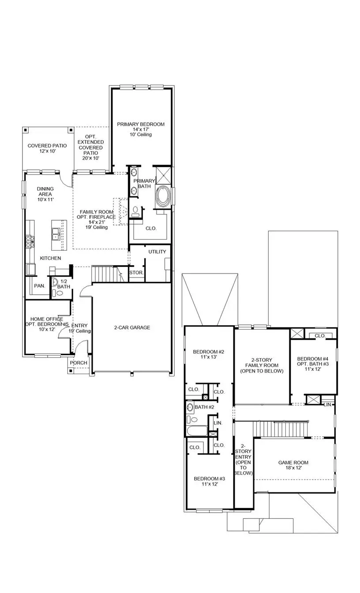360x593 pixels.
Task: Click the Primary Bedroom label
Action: pyautogui.click(x=141, y=124)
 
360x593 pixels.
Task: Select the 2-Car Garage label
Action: pyautogui.click(x=132, y=327)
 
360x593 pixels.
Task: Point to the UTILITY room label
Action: pyautogui.click(x=157, y=251)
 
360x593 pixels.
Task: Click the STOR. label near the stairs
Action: pyautogui.click(x=136, y=273)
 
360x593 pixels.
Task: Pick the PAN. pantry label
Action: pyautogui.click(x=40, y=286)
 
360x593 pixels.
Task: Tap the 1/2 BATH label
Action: pyautogui.click(x=64, y=284)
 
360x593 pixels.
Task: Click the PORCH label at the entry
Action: pyautogui.click(x=79, y=363)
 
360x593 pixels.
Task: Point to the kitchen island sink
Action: pyautogui.click(x=56, y=233)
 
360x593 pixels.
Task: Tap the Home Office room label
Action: pyautogui.click(x=46, y=319)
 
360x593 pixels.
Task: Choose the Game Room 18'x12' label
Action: pyautogui.click(x=293, y=463)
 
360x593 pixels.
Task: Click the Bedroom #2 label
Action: pyautogui.click(x=209, y=352)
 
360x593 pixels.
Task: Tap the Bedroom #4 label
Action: pyautogui.click(x=313, y=359)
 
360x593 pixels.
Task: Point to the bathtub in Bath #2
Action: pyautogui.click(x=198, y=431)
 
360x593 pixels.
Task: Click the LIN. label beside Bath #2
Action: pyautogui.click(x=218, y=423)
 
